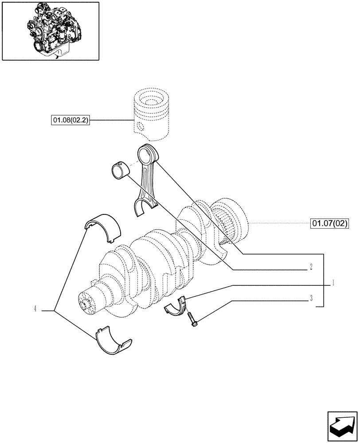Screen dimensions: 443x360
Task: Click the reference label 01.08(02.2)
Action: point(70,120)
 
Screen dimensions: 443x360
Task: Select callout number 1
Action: point(333,282)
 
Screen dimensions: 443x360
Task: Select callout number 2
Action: point(311,267)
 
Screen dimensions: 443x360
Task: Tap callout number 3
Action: point(311,298)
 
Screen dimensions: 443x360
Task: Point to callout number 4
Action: point(35,308)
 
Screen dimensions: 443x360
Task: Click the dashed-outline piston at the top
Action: point(151,113)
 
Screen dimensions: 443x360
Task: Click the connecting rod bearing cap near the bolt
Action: point(177,306)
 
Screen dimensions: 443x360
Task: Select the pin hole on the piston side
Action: point(140,127)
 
